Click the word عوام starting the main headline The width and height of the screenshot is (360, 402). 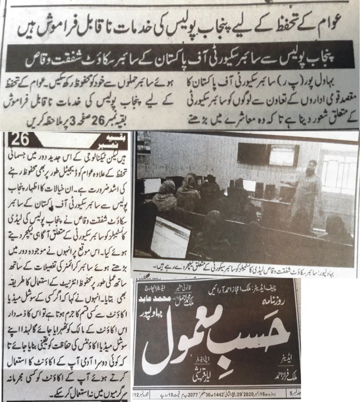click(339, 31)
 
